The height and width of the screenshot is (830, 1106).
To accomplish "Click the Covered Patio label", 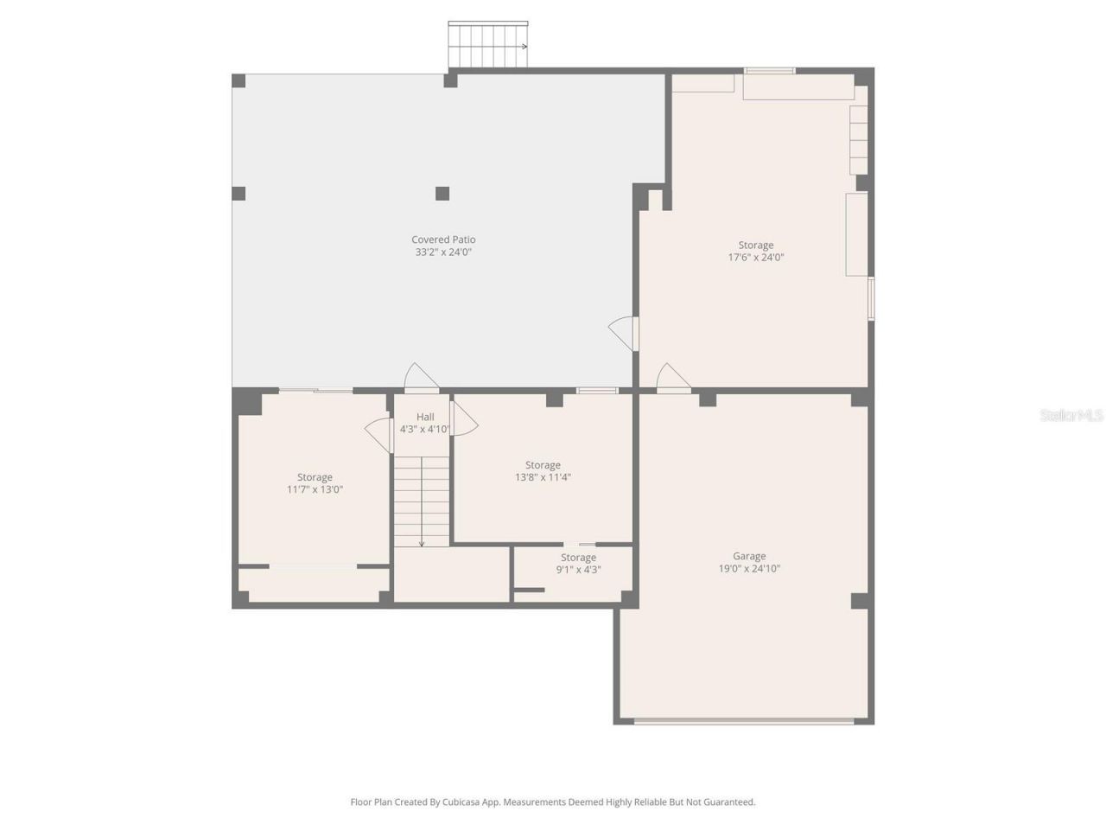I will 443,239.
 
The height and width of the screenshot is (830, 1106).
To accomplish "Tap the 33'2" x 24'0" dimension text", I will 443,252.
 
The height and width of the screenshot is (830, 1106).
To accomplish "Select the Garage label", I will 749,556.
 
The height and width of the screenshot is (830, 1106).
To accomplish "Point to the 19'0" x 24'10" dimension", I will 749,569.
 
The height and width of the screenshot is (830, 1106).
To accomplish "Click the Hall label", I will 425,417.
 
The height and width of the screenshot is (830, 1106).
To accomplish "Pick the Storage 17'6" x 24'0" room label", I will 755,245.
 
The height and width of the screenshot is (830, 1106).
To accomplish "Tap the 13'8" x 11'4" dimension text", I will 543,477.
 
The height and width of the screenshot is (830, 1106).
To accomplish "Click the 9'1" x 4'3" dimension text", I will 578,570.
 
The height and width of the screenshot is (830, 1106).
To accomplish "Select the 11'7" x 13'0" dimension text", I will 315,489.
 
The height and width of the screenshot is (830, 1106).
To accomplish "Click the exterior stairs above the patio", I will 487,44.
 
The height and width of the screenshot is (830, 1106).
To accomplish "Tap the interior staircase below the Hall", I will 422,501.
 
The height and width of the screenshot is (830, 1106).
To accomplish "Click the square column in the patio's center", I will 442,193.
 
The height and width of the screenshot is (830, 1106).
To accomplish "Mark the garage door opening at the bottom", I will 744,720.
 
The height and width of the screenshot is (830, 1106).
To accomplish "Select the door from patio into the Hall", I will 421,379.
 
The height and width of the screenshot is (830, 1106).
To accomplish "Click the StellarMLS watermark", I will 1071,416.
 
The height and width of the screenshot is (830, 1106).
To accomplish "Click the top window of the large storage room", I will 770,71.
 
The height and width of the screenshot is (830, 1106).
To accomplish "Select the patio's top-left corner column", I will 239,81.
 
